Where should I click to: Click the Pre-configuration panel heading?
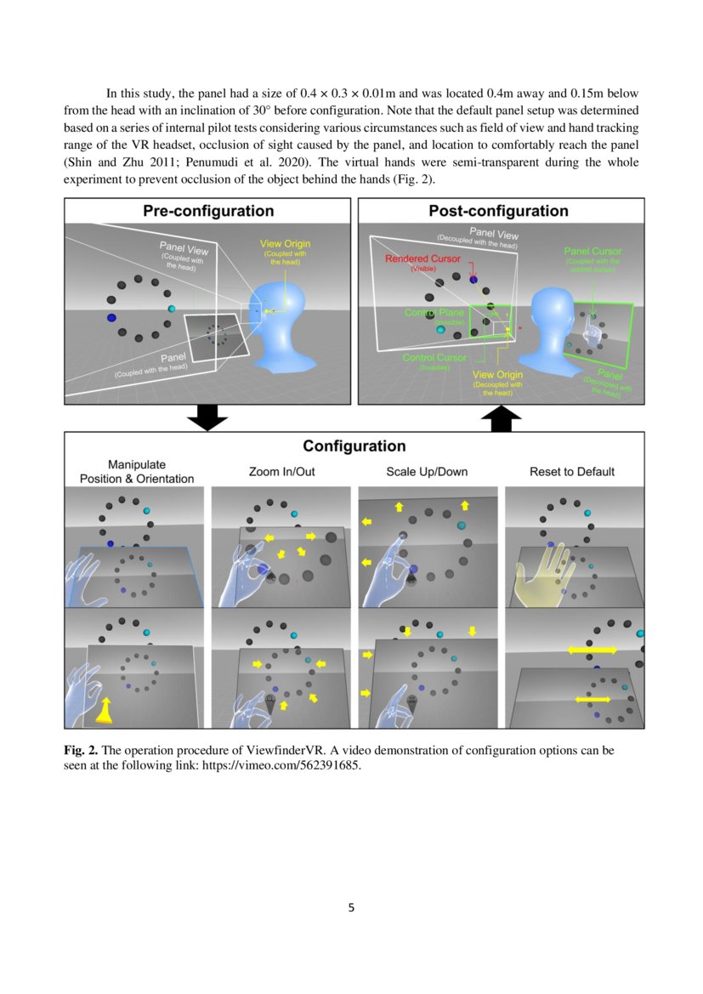pos(208,211)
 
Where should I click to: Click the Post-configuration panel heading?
pos(498,211)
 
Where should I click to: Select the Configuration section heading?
pos(354,446)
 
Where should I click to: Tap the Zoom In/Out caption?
pos(281,471)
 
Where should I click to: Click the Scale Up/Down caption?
pos(427,471)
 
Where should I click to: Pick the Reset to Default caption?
pos(572,471)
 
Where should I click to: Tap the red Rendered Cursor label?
pos(422,258)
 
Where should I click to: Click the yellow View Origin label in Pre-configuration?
pos(285,245)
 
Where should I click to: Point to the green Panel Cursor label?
pos(592,252)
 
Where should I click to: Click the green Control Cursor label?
pos(434,358)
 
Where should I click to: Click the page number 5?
pos(351,907)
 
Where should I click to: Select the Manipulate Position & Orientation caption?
pos(137,471)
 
